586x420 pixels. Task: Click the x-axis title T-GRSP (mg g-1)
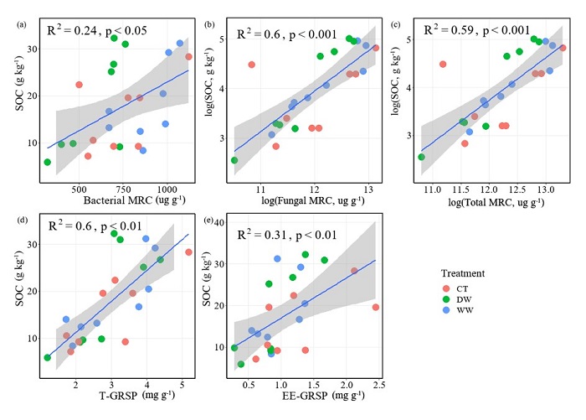coord(116,395)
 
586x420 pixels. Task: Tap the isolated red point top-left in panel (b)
coord(251,65)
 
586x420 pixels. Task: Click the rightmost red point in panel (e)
coord(376,307)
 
